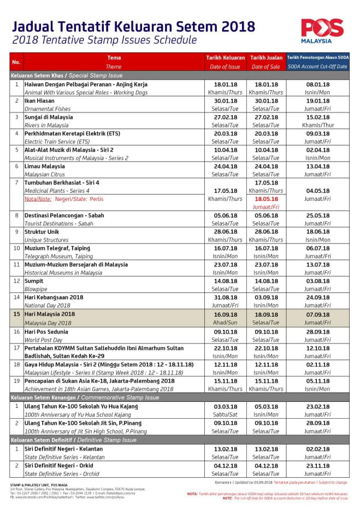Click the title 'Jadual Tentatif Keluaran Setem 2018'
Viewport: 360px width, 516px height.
(x=133, y=26)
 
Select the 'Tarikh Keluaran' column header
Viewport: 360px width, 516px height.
(x=225, y=57)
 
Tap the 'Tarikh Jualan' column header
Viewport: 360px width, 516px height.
(x=266, y=57)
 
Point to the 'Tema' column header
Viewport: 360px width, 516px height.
(x=114, y=57)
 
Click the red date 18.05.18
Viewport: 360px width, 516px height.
(x=266, y=199)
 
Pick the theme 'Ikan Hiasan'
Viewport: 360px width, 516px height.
(x=40, y=101)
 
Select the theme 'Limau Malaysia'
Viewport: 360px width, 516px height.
(x=44, y=167)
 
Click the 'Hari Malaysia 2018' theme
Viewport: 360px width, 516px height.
(x=50, y=315)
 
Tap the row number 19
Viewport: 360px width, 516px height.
(x=16, y=381)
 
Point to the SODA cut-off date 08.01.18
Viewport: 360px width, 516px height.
(x=319, y=85)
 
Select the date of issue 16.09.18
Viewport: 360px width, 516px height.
(x=225, y=315)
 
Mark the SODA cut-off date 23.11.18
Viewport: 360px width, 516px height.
(x=319, y=466)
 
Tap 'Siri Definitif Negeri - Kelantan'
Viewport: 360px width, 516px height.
(x=64, y=449)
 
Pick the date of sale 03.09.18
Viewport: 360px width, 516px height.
(x=266, y=298)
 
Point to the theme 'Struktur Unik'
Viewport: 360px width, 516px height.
(x=43, y=232)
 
